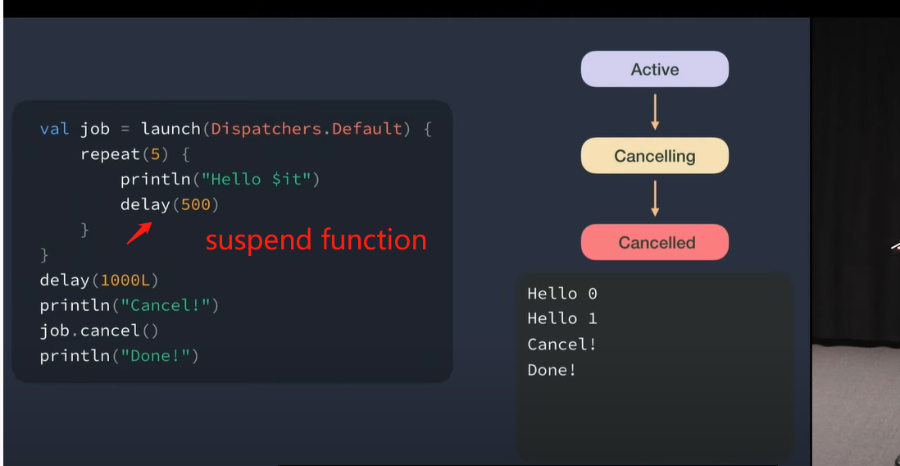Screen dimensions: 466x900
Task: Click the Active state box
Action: [654, 70]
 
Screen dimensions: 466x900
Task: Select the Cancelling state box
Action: [654, 156]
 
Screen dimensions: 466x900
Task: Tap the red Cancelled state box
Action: [654, 243]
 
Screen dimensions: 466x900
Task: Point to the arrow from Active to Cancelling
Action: [655, 112]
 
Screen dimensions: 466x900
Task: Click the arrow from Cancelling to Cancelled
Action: [655, 199]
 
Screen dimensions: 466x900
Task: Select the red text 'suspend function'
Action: [316, 240]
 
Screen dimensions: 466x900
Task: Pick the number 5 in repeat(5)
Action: [154, 154]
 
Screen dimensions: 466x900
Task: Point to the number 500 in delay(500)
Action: [195, 204]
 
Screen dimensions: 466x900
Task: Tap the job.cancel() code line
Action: [98, 331]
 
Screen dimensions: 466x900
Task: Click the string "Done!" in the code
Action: [160, 356]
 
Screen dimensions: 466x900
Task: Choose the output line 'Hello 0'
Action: [562, 294]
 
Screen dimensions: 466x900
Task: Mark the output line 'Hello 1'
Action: [562, 318]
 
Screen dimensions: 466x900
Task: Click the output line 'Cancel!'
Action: [562, 345]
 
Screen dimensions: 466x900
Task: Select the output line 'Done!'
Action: [552, 370]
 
